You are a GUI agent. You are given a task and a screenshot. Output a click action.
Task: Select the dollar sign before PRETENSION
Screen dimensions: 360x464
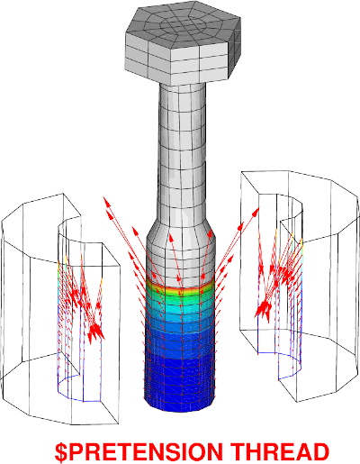[61, 452]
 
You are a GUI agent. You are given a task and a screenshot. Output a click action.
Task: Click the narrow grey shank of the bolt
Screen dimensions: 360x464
[183, 150]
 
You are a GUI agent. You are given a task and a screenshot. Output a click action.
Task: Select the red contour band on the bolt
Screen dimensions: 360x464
[181, 287]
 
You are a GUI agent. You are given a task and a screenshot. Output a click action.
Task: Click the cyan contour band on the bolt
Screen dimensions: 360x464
[181, 309]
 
